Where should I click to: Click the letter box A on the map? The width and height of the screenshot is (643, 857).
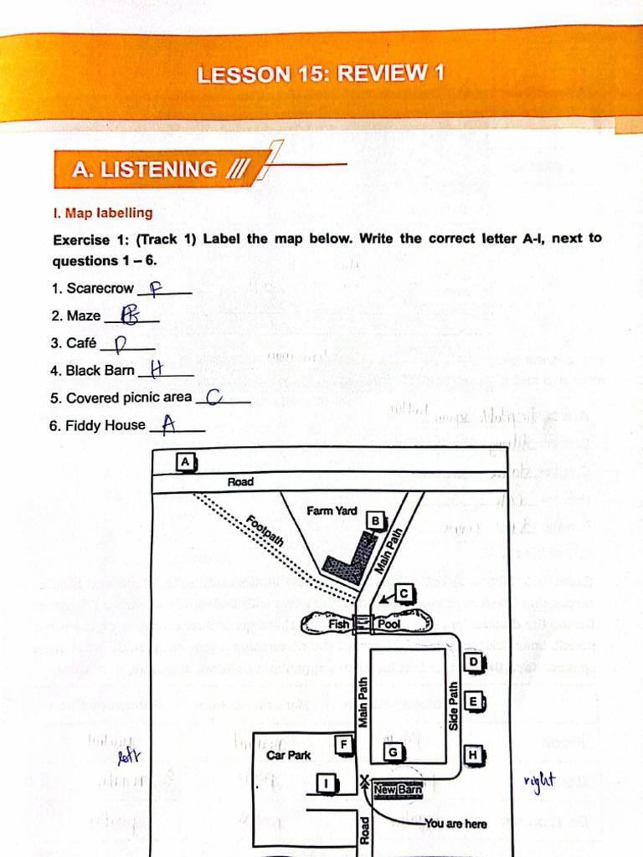click(186, 461)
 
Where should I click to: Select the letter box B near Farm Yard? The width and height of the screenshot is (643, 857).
click(375, 521)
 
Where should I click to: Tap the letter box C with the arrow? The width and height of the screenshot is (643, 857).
click(404, 593)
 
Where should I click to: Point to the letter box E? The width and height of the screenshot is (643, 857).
click(473, 701)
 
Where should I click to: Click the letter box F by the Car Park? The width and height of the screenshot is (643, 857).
click(342, 743)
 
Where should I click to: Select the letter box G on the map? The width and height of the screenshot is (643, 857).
click(392, 752)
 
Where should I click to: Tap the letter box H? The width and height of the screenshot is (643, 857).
click(473, 755)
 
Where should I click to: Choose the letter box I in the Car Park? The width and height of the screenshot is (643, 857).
click(326, 783)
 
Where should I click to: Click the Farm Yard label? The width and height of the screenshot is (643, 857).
click(332, 511)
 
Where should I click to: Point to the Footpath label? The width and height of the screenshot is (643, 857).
click(265, 531)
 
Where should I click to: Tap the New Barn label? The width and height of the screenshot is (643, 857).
click(397, 789)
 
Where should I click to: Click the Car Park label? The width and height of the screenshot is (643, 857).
click(288, 755)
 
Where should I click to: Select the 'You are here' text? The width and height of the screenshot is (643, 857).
click(455, 824)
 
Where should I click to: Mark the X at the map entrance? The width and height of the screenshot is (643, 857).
click(364, 783)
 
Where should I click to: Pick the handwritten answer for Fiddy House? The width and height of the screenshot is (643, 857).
click(169, 425)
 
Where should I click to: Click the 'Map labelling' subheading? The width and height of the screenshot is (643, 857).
click(103, 213)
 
